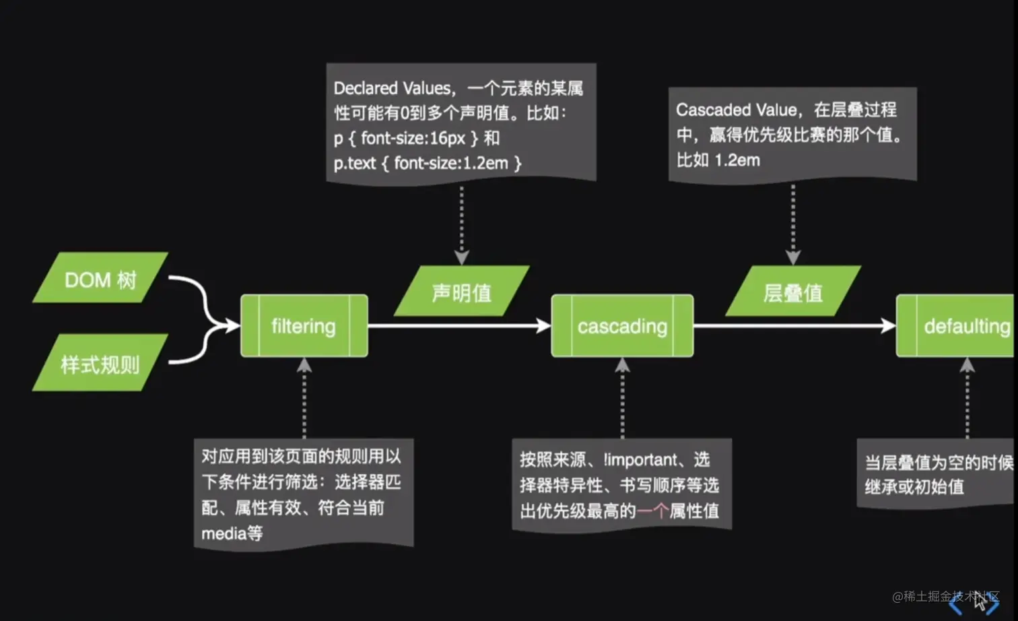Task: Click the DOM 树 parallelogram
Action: pyautogui.click(x=100, y=278)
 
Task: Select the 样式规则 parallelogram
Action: pyautogui.click(x=100, y=364)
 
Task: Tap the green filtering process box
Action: pyautogui.click(x=304, y=326)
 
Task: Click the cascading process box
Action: pyautogui.click(x=622, y=326)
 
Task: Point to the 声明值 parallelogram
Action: pyautogui.click(x=462, y=292)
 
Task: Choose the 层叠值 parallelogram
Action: pyautogui.click(x=793, y=292)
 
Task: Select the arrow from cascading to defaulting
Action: pyautogui.click(x=794, y=326)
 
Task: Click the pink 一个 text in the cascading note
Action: pyautogui.click(x=652, y=511)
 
